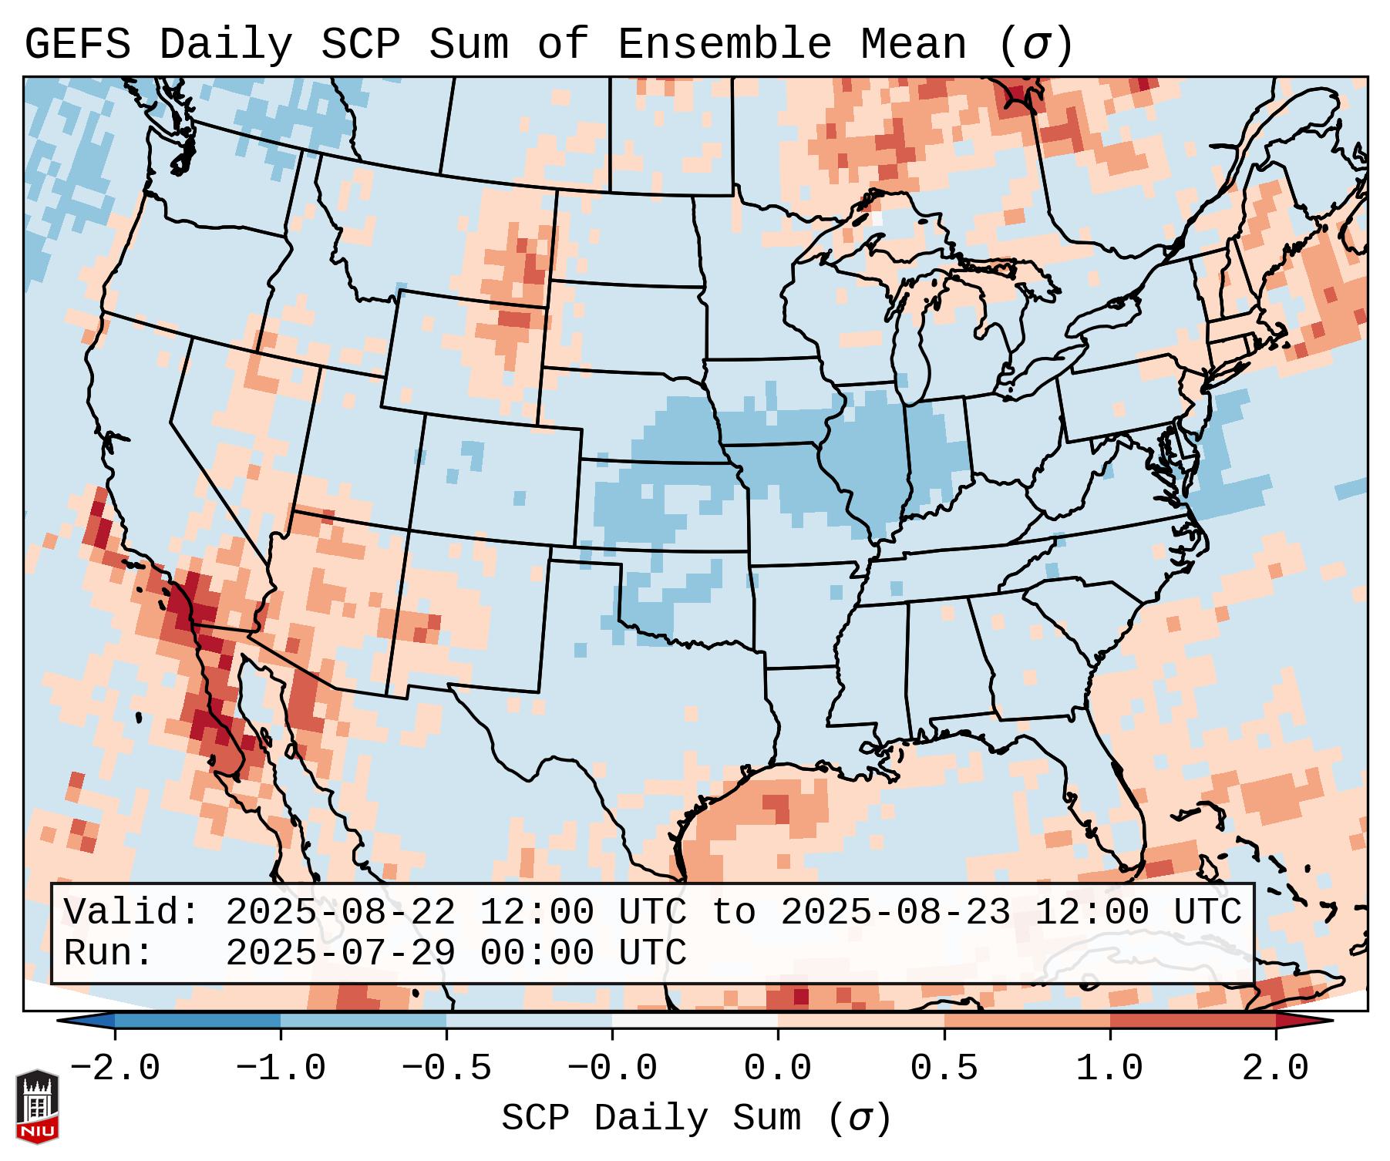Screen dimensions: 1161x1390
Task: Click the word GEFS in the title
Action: [x=77, y=45]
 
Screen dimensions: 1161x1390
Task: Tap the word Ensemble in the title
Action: [x=724, y=45]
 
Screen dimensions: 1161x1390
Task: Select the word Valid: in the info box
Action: [x=132, y=913]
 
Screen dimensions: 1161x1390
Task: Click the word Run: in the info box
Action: [x=109, y=953]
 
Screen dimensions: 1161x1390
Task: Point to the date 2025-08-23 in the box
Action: [x=895, y=913]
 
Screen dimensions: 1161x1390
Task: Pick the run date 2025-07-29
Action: [x=340, y=953]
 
